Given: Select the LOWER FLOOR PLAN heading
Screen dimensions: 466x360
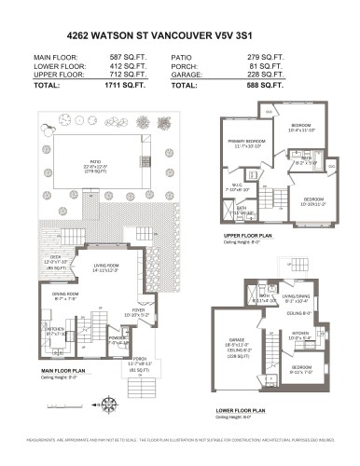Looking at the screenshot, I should (x=240, y=409).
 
